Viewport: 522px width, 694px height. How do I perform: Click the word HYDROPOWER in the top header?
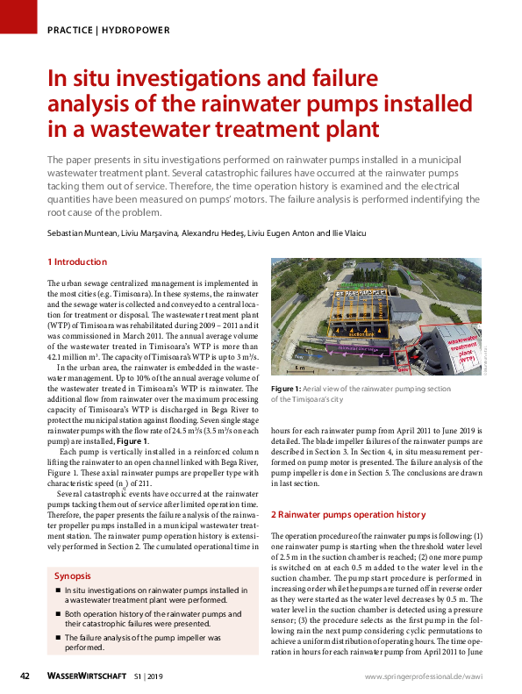coord(136,30)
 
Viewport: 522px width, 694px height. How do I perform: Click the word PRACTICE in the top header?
coord(71,30)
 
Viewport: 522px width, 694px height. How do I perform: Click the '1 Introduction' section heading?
coord(76,262)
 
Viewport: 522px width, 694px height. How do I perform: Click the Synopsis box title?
coord(73,576)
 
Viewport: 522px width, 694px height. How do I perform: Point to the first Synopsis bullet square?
coord(57,591)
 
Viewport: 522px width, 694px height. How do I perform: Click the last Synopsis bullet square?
coord(57,638)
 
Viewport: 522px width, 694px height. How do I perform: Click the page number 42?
coord(26,676)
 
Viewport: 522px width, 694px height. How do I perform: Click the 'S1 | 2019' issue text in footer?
coord(149,676)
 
